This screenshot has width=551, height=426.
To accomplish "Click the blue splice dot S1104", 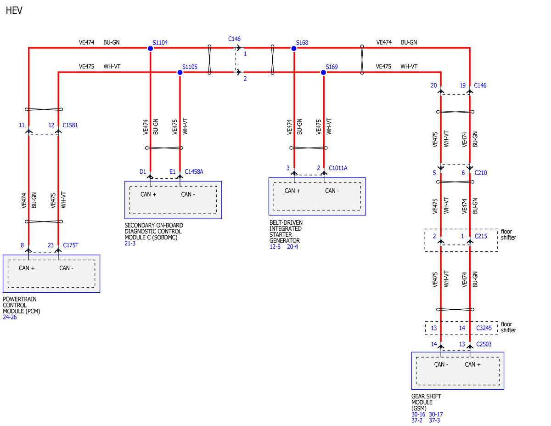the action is (x=150, y=48).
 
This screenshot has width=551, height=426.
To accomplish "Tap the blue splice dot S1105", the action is (x=180, y=73).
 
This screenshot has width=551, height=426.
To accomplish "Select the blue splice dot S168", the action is (x=293, y=48).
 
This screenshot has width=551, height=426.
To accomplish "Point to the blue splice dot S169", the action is (x=323, y=73).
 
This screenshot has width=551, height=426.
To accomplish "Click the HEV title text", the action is (x=14, y=11).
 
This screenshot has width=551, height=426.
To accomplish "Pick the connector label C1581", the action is (x=70, y=125).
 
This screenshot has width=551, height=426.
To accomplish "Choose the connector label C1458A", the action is (x=194, y=171).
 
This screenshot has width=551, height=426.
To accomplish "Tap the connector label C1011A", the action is (x=338, y=168).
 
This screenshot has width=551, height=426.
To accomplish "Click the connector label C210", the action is (x=480, y=173).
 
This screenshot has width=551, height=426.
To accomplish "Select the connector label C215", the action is (x=481, y=236).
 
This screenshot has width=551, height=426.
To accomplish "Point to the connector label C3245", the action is (x=484, y=328).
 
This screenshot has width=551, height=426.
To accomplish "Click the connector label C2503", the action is (x=484, y=344).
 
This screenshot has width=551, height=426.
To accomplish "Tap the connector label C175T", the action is (x=71, y=245).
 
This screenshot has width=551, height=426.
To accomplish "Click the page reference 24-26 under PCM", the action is (x=10, y=317).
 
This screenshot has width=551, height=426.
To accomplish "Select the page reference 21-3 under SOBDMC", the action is (x=130, y=243).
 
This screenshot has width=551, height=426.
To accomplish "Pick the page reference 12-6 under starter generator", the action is (x=275, y=247).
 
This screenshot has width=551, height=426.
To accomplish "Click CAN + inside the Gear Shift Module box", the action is (x=472, y=364).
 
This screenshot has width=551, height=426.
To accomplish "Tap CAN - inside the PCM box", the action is (x=66, y=268).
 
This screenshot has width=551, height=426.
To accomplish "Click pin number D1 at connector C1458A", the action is (x=143, y=171).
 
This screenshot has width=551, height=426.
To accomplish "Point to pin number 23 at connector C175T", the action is (x=51, y=245).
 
